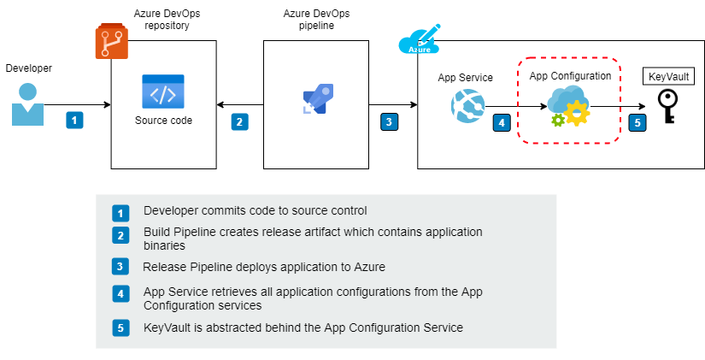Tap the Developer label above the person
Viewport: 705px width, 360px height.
coord(29,67)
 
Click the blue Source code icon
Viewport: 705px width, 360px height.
coord(163,91)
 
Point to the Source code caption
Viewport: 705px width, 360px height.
coord(163,121)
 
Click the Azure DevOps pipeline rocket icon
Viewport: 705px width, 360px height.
coord(317,100)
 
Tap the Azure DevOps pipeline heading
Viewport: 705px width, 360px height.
coord(315,20)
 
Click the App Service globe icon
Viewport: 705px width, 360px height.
coord(466,104)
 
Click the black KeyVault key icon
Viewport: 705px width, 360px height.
coord(666,107)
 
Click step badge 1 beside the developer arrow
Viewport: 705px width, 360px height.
coord(74,121)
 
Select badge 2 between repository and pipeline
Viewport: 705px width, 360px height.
coord(240,121)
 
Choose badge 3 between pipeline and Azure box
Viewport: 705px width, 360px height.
coord(389,121)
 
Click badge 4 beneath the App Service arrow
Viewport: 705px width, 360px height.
coord(501,122)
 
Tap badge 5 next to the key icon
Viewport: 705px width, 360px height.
coord(636,122)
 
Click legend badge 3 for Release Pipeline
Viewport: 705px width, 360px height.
coord(120,266)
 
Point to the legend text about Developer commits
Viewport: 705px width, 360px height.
coord(256,210)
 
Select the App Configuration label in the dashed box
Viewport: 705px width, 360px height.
coord(570,76)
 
